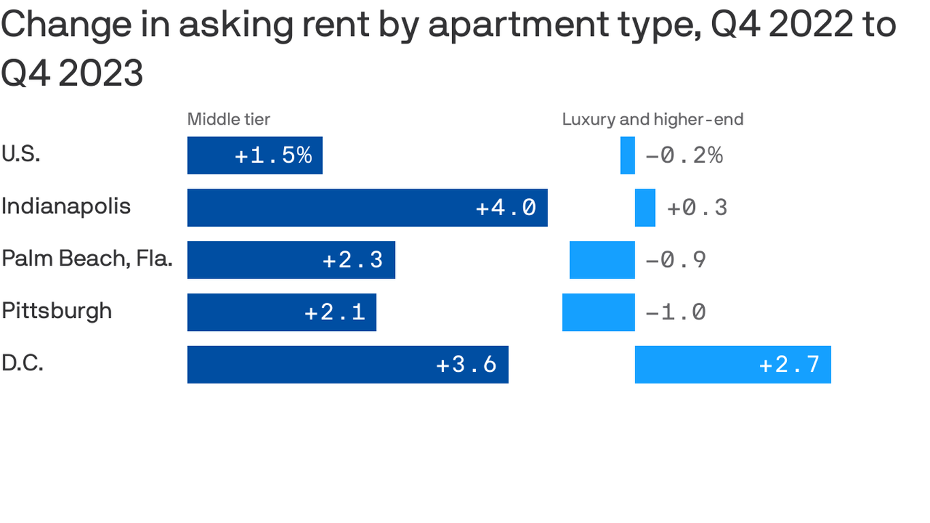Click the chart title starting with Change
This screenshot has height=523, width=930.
pos(448,48)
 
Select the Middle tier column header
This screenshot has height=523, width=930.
pos(229,120)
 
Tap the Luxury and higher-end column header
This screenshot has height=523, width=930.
pos(652,120)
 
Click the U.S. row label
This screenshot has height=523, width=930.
pos(21,154)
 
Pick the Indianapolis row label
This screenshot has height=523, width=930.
pos(66,206)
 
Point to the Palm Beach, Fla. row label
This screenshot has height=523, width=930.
pos(86,258)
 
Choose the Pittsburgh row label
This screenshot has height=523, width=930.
pos(57,311)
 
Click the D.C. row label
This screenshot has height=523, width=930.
pos(22,363)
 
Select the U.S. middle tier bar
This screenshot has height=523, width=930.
pos(255,155)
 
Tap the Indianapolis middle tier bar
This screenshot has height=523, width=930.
pos(367,208)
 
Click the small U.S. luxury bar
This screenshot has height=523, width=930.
pos(627,155)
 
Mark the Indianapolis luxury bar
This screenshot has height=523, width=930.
pos(645,208)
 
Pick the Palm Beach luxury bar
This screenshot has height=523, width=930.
pos(602,260)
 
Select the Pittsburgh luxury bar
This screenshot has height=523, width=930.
pos(598,312)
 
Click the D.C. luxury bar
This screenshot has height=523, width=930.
pos(733,364)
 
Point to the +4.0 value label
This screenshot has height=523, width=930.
pos(506,208)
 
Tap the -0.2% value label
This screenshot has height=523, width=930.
pos(684,156)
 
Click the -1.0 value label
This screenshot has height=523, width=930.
pos(675,313)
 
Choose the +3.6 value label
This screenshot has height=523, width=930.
pos(466,364)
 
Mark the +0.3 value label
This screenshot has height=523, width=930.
pos(697,208)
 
